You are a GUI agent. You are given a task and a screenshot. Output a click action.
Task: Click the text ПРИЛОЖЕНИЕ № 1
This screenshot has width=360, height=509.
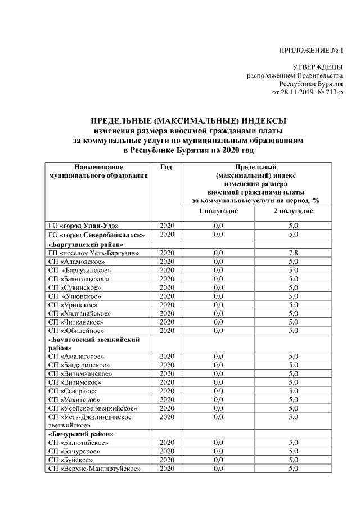point(310,51)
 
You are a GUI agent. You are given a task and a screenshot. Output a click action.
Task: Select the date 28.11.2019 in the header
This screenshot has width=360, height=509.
point(303,92)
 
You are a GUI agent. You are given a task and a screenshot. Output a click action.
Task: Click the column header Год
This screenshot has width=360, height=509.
point(166,167)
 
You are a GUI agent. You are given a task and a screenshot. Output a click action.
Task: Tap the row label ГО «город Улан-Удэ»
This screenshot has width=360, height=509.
point(83,226)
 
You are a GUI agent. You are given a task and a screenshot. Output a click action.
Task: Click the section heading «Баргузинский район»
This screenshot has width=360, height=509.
point(86,245)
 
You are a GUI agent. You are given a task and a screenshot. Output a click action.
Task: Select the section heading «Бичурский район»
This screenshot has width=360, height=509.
point(81,434)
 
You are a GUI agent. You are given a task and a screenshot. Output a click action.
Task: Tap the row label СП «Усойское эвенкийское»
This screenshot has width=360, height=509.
point(92,408)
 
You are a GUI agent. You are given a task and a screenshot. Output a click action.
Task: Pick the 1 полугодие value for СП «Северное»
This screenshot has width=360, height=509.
point(218,391)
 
